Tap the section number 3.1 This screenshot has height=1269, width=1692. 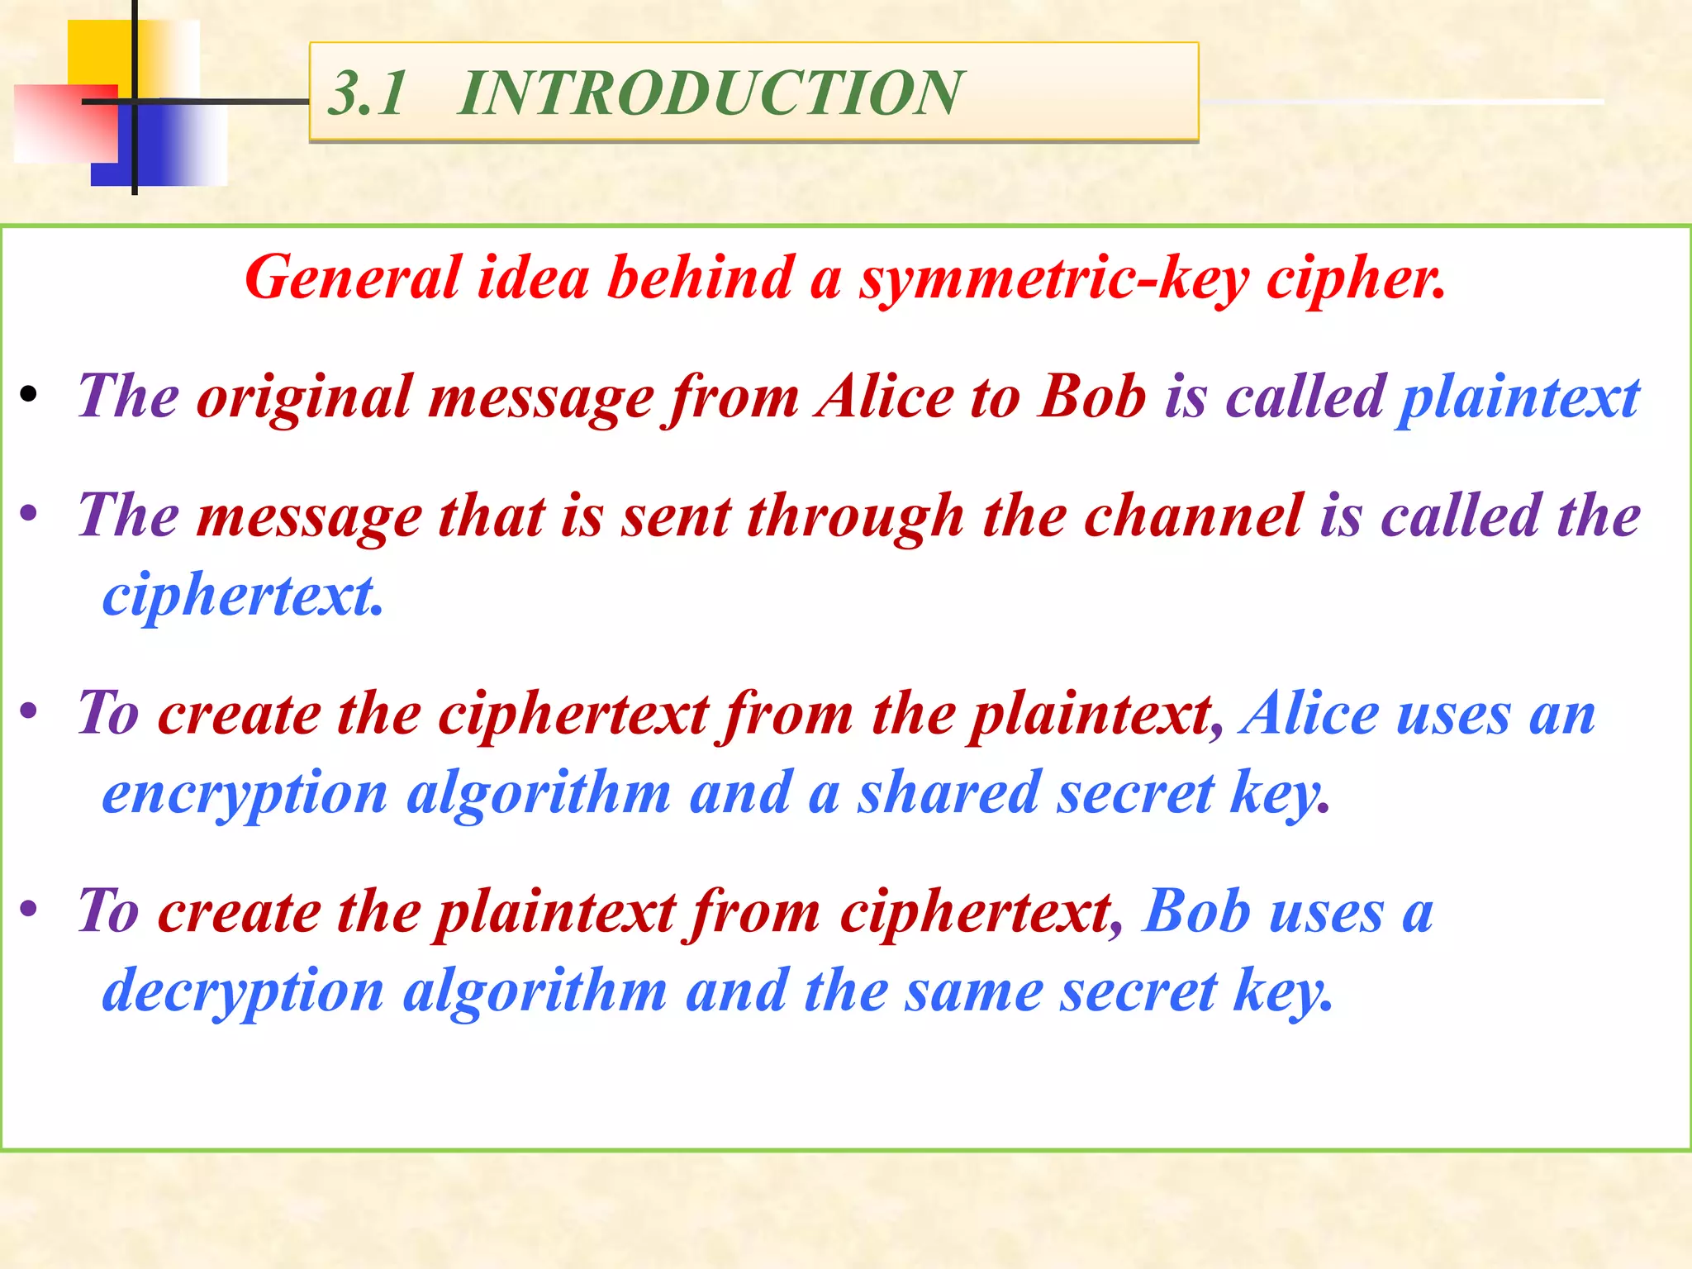coord(368,93)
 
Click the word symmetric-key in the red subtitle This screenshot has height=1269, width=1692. coord(1054,279)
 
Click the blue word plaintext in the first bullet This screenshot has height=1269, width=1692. coord(1518,398)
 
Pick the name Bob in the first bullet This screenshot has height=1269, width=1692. coord(1092,397)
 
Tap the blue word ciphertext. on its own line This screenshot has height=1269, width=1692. coord(242,596)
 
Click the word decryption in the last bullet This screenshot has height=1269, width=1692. coord(243,992)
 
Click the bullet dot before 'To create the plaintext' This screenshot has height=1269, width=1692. coord(30,910)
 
